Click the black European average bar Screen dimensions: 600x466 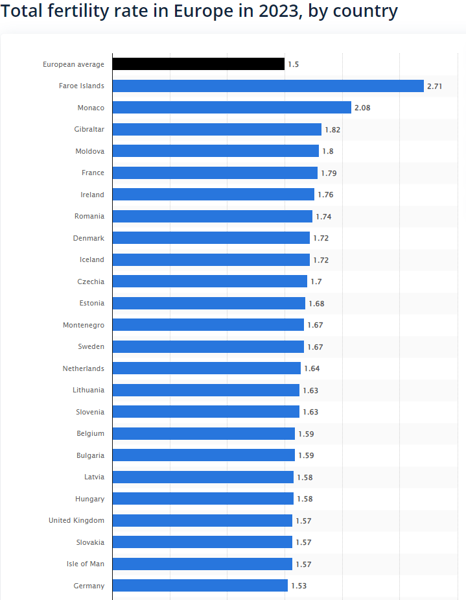tap(198, 64)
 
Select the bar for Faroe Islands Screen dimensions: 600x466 tap(268, 86)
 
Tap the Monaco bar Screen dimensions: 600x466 tap(231, 108)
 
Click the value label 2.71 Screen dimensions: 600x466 tap(434, 86)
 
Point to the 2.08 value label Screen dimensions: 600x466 tap(362, 108)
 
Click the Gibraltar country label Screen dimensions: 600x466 tap(89, 129)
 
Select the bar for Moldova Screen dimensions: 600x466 tap(216, 151)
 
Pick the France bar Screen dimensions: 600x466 tap(215, 173)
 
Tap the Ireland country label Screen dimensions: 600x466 tap(92, 195)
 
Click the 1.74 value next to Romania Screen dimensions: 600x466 tap(323, 216)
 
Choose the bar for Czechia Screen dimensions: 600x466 tap(210, 282)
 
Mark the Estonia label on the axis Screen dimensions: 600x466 tap(91, 303)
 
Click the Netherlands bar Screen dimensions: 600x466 tap(207, 368)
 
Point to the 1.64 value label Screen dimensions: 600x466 tap(312, 368)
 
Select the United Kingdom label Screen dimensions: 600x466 tap(76, 520)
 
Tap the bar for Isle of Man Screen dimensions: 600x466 tap(202, 564)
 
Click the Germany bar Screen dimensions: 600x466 tap(200, 586)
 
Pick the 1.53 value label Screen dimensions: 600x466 tap(299, 586)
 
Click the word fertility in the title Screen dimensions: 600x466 tap(84, 11)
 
